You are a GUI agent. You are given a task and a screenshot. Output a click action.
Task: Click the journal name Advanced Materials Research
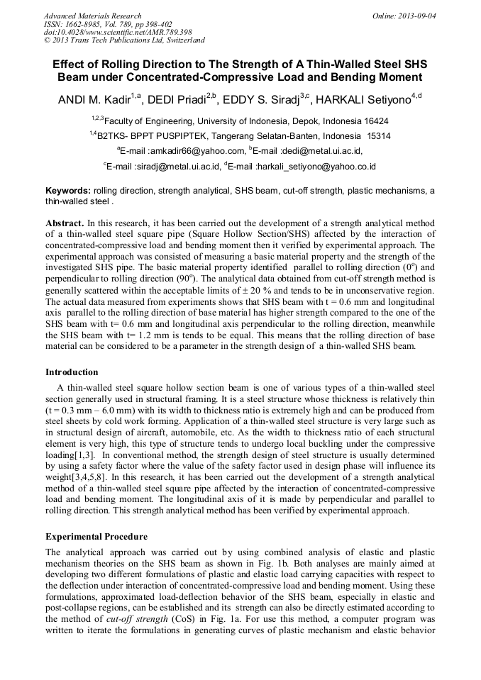tap(92, 16)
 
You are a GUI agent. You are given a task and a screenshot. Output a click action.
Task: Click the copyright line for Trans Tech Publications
tap(124, 41)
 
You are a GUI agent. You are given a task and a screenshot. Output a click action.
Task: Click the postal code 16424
tap(373, 121)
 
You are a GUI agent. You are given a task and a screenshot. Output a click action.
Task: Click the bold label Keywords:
tap(68, 191)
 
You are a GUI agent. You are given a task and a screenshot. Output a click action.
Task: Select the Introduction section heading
tap(72, 372)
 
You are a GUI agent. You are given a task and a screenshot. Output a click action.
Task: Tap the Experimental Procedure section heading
tap(96, 537)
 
